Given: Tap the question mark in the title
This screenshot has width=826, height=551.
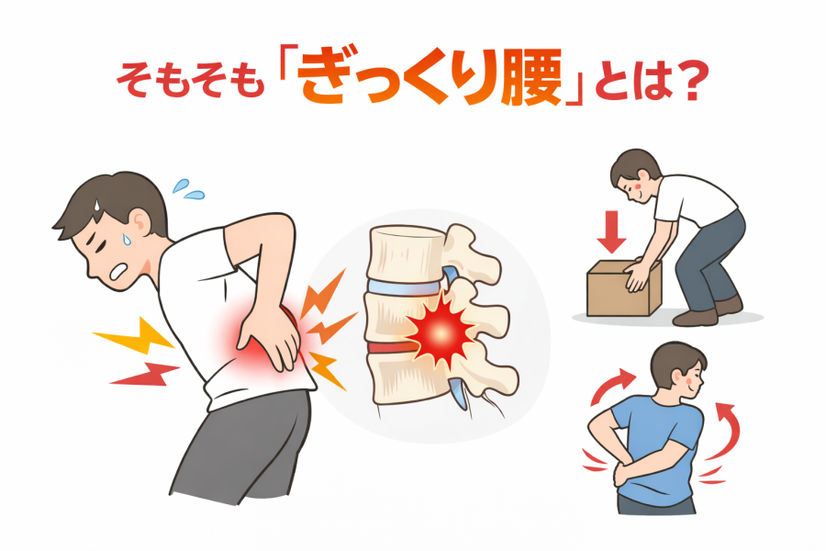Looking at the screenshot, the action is pos(687,81).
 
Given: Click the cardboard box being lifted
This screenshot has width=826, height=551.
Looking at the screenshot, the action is pos(624,288).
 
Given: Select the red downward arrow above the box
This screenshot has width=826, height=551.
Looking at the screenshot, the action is pos(611,231).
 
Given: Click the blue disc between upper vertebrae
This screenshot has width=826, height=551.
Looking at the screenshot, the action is pos(403,287).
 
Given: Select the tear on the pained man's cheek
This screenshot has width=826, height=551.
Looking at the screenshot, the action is pos(126,239).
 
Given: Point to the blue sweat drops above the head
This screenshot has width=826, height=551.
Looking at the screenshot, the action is pos(187,190).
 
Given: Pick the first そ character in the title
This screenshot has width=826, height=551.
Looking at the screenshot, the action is pos(134,80).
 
